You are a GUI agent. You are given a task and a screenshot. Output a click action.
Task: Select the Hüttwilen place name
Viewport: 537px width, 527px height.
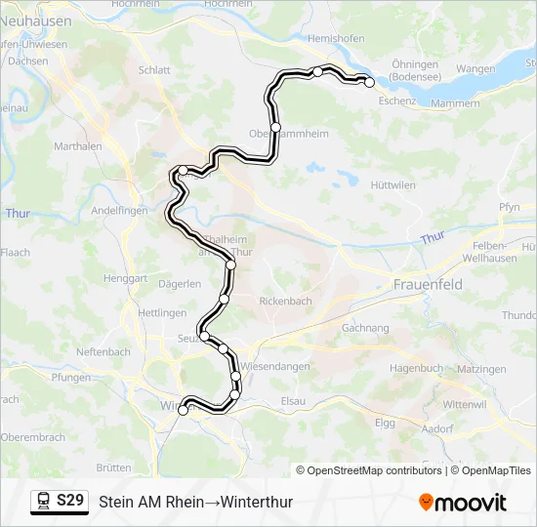pyautogui.click(x=393, y=184)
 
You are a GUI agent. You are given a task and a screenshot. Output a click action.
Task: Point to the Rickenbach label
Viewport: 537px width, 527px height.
pyautogui.click(x=285, y=302)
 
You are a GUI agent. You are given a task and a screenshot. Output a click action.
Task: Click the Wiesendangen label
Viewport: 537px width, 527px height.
pyautogui.click(x=274, y=366)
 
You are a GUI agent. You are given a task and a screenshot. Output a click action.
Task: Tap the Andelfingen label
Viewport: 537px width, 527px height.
pyautogui.click(x=118, y=210)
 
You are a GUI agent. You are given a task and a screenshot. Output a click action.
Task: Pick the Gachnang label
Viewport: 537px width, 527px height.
pyautogui.click(x=366, y=329)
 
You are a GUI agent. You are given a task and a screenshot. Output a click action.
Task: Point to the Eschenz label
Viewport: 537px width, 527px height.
pyautogui.click(x=397, y=101)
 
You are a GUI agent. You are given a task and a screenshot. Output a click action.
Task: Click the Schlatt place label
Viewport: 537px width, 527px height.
pyautogui.click(x=154, y=70)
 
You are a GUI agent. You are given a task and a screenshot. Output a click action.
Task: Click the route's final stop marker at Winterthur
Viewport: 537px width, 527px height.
pyautogui.click(x=183, y=411)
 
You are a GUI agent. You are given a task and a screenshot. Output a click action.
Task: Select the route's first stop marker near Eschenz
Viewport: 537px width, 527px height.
pyautogui.click(x=370, y=83)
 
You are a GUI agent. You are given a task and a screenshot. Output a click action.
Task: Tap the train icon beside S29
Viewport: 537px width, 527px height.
pyautogui.click(x=44, y=501)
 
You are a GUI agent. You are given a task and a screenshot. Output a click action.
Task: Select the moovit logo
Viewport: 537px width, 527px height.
pyautogui.click(x=463, y=503)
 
